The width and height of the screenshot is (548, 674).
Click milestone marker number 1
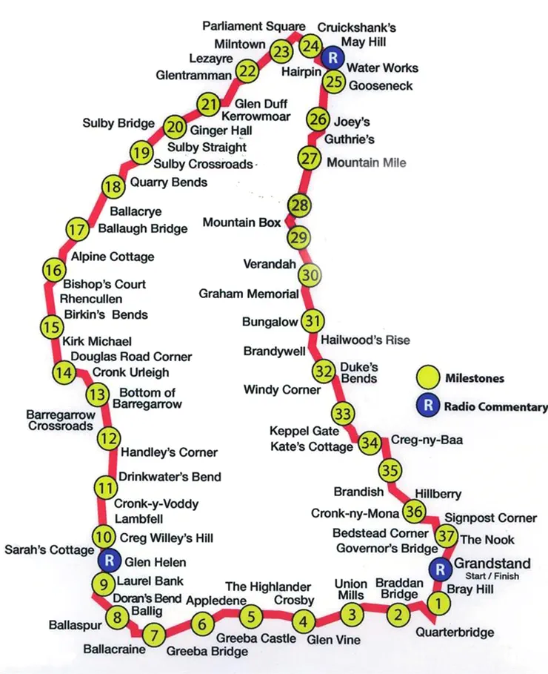[438, 604]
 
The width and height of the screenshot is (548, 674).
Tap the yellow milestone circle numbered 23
[281, 52]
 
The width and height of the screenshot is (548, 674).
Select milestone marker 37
[447, 536]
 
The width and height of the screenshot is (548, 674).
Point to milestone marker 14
[64, 371]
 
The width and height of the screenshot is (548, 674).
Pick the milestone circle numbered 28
[299, 205]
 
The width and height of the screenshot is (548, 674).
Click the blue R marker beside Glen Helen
[110, 560]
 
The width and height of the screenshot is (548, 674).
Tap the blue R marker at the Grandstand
[441, 569]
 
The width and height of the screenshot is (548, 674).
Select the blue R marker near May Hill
[333, 58]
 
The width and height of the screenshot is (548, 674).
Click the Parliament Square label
[254, 26]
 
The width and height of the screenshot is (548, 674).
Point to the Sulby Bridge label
[118, 123]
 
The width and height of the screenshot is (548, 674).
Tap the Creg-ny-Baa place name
[427, 440]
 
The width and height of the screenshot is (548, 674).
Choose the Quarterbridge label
[455, 632]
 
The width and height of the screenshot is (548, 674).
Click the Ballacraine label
[114, 649]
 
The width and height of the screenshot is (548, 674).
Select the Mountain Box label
[242, 222]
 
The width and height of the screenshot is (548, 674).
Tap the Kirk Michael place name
[97, 341]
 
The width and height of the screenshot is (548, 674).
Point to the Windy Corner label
[282, 390]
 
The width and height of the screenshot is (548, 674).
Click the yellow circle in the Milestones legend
[428, 377]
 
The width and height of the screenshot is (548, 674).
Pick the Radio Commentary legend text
[495, 406]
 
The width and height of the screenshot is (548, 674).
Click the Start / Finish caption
[492, 576]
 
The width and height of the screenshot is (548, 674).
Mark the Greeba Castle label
[256, 638]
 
